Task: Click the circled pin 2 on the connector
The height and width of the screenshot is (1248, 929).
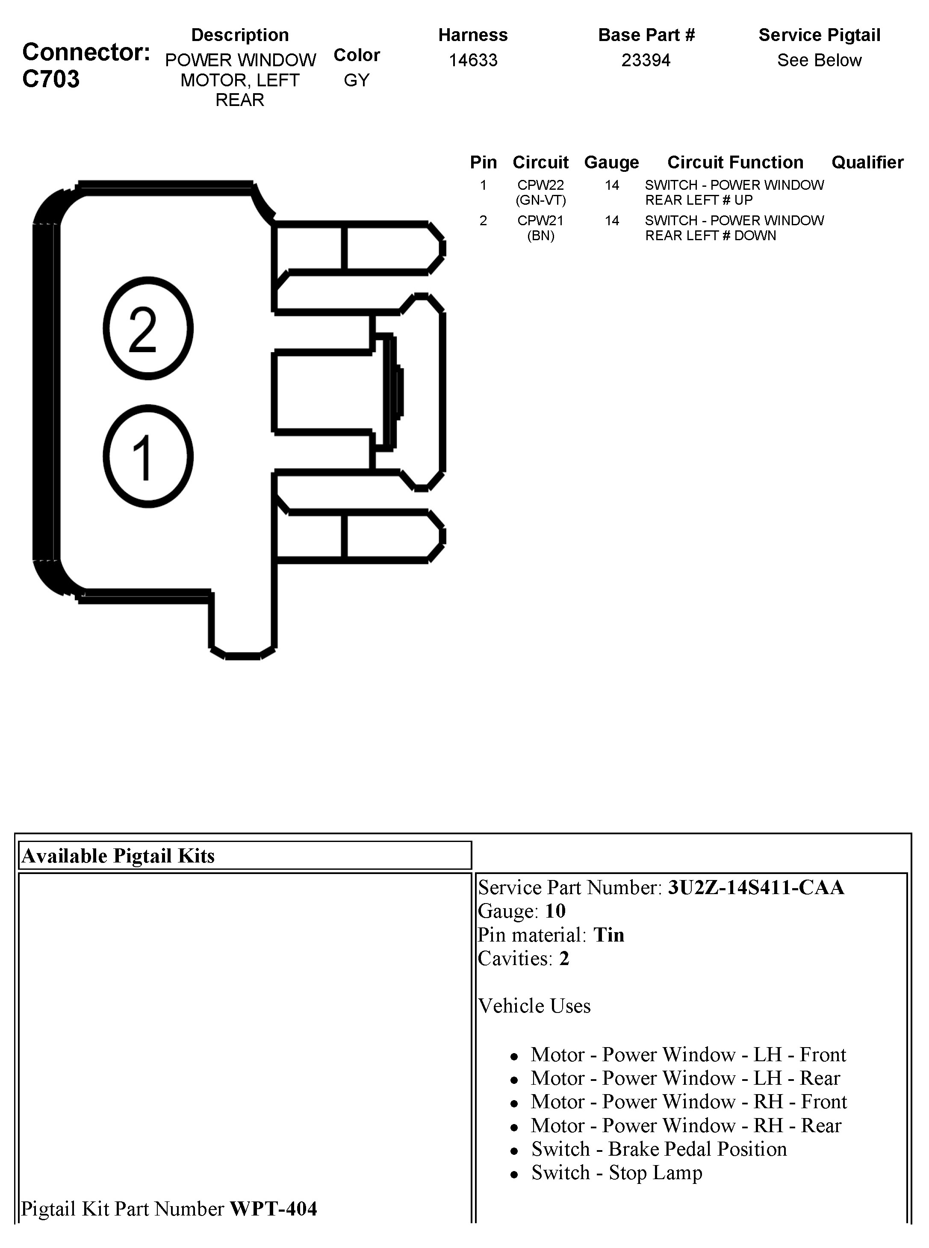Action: coord(148,328)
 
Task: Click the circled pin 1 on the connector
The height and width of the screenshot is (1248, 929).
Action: coord(148,456)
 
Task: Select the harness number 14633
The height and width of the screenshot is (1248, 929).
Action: coord(473,60)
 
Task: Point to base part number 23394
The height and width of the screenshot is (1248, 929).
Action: coord(646,60)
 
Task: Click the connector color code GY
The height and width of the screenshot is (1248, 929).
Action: coord(357,80)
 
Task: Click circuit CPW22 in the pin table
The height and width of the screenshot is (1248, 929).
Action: coord(540,185)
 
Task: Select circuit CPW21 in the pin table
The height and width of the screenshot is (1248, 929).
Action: coord(540,221)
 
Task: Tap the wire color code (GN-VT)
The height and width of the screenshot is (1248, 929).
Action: coord(540,200)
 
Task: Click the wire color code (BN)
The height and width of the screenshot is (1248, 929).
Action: coord(540,235)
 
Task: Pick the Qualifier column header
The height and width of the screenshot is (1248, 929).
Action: coord(867,162)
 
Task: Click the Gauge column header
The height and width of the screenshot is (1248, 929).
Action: coord(611,162)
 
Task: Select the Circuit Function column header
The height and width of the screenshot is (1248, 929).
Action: coord(735,162)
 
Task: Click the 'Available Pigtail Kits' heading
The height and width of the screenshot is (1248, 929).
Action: coord(118,856)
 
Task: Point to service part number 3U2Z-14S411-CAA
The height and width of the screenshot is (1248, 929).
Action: coord(756,887)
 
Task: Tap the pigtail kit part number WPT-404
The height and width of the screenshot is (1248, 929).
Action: coord(273,1209)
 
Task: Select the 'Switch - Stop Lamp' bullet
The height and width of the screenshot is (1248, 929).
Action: coord(616,1173)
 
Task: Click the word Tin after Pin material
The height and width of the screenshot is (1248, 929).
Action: coord(609,935)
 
